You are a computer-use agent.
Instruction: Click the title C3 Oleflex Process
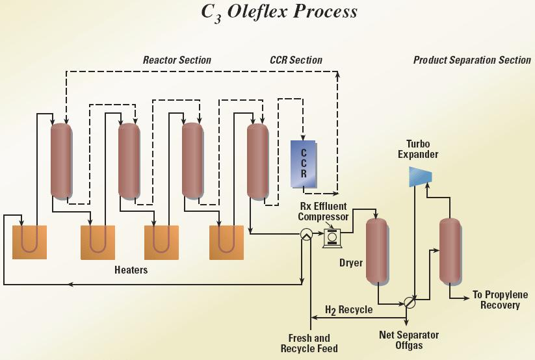pos(279,12)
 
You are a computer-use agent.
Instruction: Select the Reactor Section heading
pos(177,60)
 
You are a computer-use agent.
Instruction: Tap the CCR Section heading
pos(296,60)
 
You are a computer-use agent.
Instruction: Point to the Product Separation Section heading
pos(472,60)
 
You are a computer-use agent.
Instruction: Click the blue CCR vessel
pos(303,164)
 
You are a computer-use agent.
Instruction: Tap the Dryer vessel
pos(376,251)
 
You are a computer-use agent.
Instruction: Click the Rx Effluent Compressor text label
pos(324,211)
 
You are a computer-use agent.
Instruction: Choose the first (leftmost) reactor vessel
pos(61,161)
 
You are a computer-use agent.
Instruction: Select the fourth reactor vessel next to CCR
pos(257,161)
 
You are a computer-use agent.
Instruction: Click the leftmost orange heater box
pos(30,242)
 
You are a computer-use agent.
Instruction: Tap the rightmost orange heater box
pos(226,242)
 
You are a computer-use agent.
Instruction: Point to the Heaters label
pos(131,270)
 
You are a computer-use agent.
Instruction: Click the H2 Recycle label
pos(348,309)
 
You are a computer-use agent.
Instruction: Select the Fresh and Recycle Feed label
pos(309,343)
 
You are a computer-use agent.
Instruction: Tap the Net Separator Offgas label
pos(409,340)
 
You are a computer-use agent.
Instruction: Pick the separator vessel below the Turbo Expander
pos(449,251)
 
